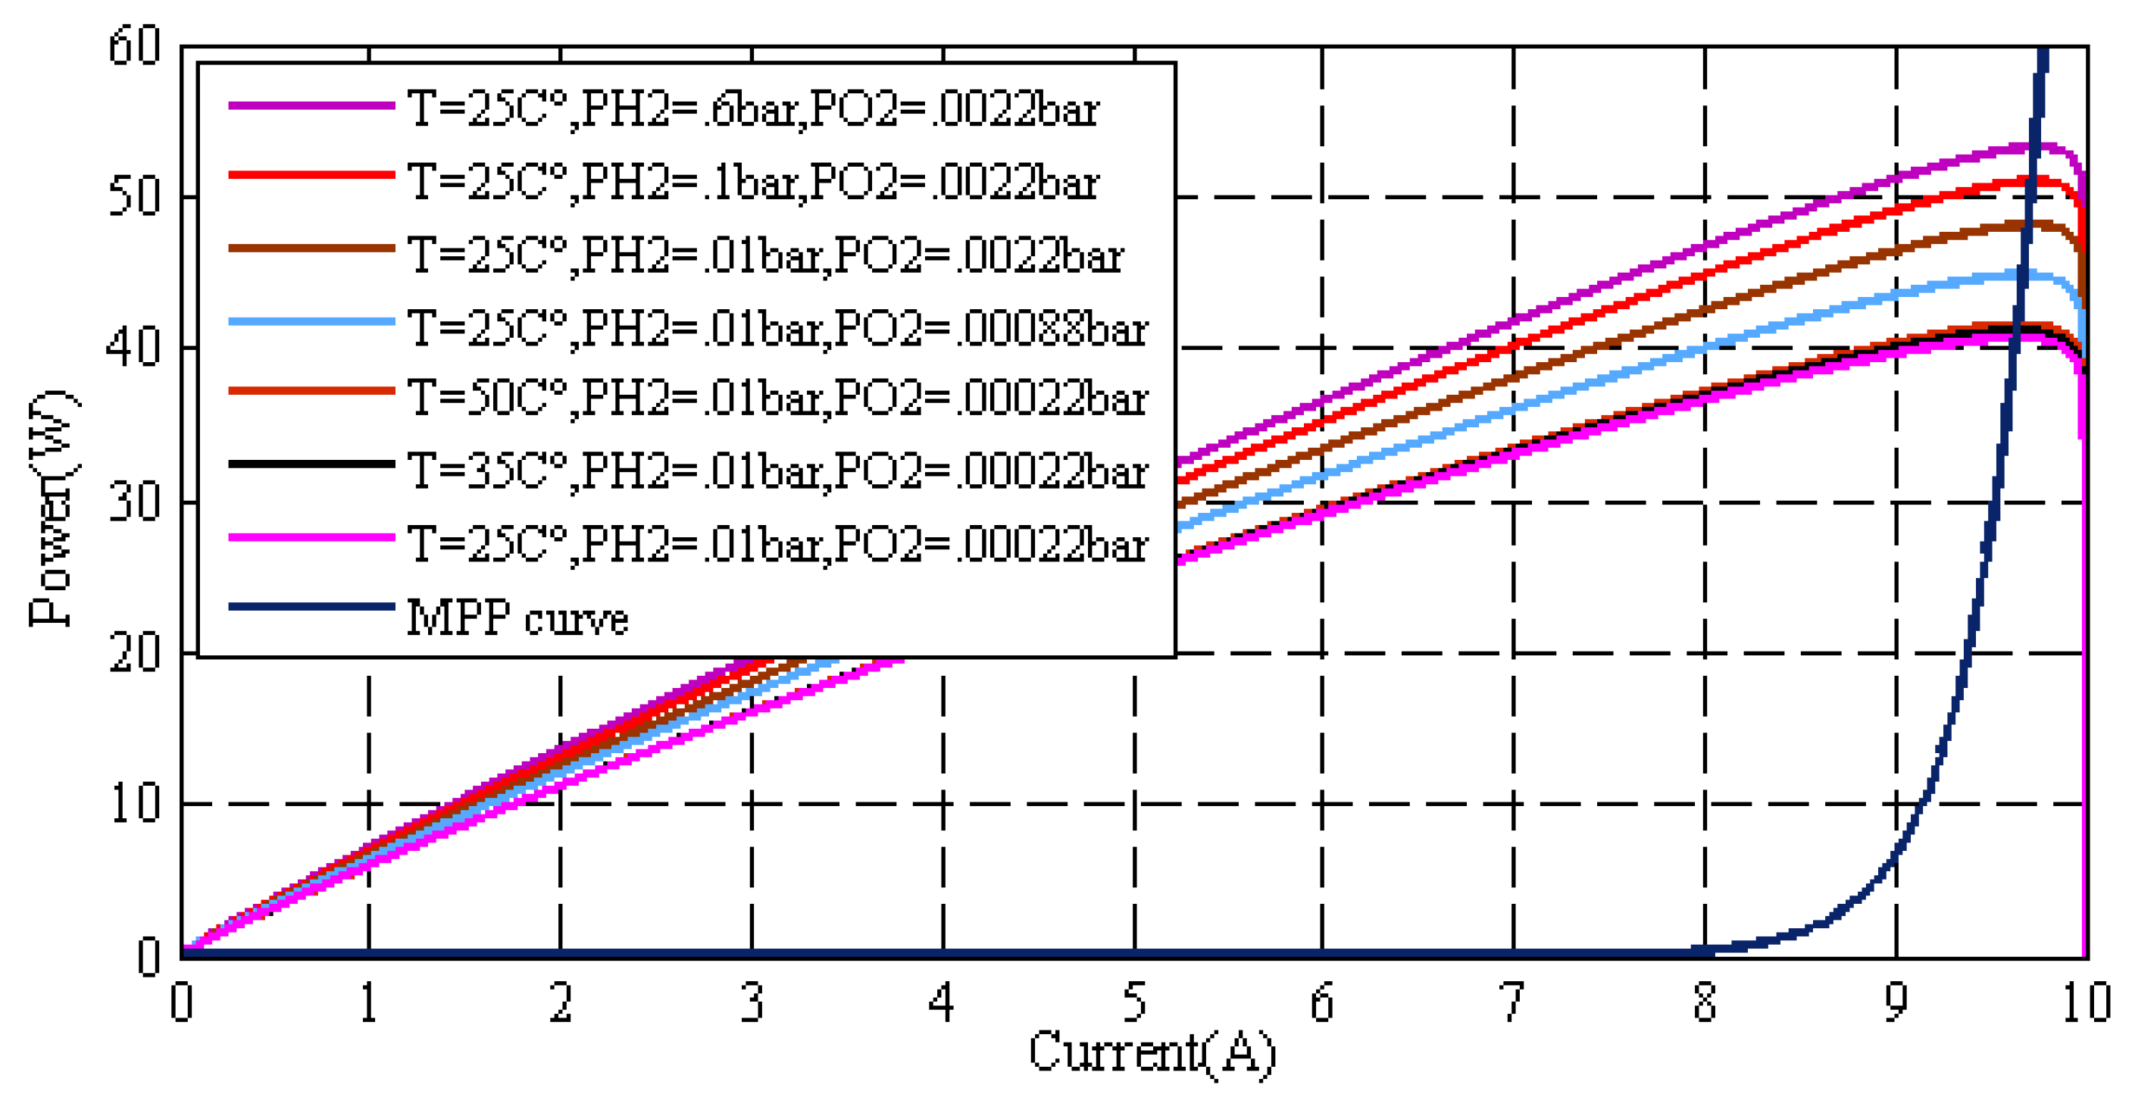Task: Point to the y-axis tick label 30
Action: [134, 502]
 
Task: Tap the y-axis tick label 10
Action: [134, 804]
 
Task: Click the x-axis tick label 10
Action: [2086, 1003]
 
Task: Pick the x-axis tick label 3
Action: [752, 1003]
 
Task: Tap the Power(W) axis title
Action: [52, 506]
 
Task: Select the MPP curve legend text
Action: [517, 617]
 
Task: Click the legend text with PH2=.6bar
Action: [753, 109]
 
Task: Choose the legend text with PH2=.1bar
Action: [753, 182]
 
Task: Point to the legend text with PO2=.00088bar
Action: [778, 328]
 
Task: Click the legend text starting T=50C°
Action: [778, 399]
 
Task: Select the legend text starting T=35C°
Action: [778, 472]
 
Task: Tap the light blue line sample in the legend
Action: [311, 321]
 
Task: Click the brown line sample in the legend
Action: [311, 249]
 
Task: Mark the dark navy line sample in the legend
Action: [311, 607]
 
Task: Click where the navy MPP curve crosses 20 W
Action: [1970, 653]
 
